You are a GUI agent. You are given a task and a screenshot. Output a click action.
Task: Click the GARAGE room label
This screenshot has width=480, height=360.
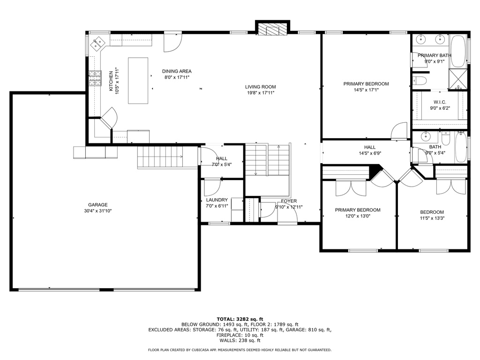point(98,205)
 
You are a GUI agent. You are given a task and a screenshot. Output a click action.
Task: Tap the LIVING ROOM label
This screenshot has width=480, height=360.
point(260,87)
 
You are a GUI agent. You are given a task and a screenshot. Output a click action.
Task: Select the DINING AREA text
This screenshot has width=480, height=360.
point(177,71)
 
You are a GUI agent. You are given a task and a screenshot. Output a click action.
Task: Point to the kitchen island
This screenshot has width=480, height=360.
point(138,80)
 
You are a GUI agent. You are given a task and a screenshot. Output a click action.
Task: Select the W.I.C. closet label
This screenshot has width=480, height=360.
point(439,102)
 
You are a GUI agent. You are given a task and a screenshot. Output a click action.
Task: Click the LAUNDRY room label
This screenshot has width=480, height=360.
point(217,200)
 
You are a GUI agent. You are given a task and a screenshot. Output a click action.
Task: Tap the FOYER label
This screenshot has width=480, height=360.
point(289,201)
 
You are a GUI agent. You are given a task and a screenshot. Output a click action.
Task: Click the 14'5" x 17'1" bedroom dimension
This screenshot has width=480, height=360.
point(366,90)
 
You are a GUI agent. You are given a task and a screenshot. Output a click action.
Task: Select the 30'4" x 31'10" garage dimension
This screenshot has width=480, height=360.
point(98,211)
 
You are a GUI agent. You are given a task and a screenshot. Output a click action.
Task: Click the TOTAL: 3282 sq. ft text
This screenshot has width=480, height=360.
point(240,319)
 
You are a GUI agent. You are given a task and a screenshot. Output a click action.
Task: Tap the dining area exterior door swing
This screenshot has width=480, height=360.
point(172,43)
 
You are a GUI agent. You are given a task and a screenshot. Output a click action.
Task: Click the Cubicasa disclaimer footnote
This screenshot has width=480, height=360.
point(240,350)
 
